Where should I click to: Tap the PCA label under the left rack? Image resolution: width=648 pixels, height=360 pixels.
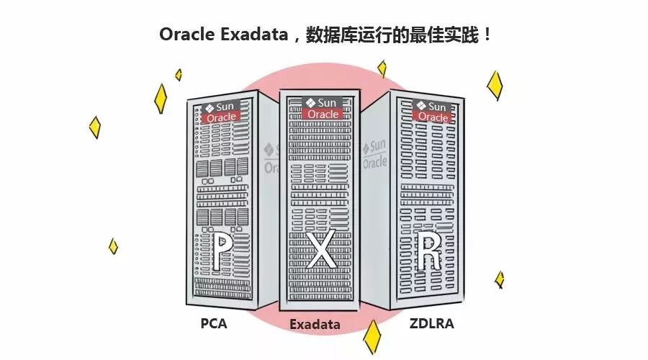[x=214, y=323]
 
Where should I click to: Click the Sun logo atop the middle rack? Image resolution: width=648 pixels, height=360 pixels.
[x=321, y=103]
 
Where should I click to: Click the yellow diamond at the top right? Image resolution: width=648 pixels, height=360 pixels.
[x=495, y=85]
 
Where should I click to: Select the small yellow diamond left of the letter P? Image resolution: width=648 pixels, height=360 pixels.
[x=113, y=246]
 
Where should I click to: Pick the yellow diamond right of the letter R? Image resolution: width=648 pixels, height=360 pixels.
[x=499, y=279]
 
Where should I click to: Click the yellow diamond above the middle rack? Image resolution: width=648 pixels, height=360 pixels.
[x=382, y=68]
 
